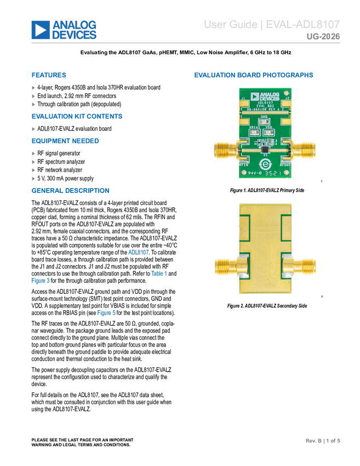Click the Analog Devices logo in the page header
point(64,30)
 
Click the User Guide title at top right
point(272,25)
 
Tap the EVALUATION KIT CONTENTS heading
point(77,117)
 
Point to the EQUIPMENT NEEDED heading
point(65,141)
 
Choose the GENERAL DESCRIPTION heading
point(71,191)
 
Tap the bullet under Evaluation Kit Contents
point(33,129)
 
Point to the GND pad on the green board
point(264,122)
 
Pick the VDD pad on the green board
point(269,132)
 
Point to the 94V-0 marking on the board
point(252,173)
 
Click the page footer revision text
point(323,440)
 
